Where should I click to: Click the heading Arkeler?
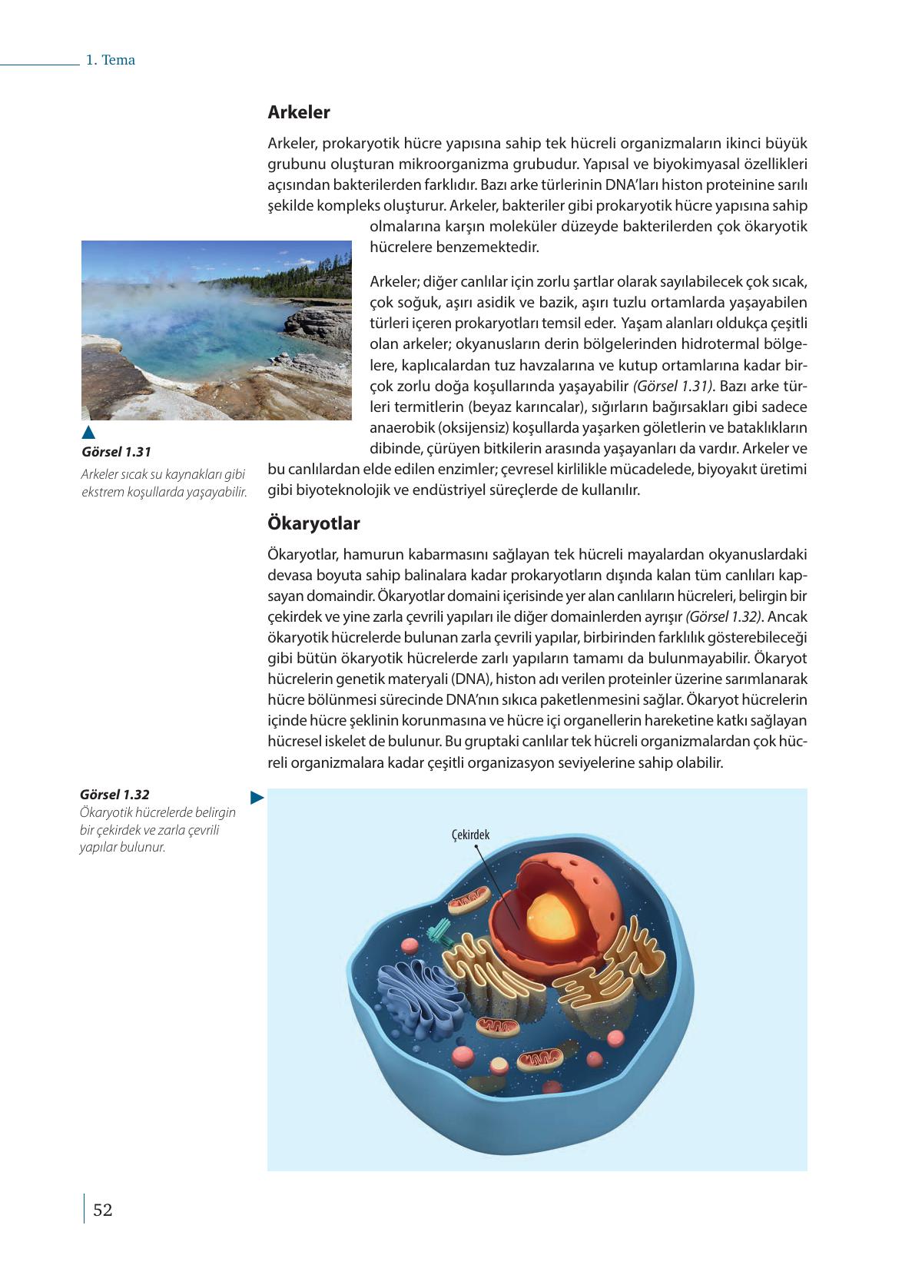coord(298,112)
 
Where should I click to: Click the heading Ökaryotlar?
coord(313,523)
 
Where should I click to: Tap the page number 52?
coord(102,1210)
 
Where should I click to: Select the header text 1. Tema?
coord(111,60)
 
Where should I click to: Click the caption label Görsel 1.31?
coord(116,452)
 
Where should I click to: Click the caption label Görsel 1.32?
coord(114,795)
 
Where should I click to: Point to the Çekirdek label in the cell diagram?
coord(470,835)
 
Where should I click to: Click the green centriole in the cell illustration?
coord(441,932)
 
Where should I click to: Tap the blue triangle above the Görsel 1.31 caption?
coord(88,432)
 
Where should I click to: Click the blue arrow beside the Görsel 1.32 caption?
coord(257,798)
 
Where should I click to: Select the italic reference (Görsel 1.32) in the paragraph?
coord(724,616)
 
